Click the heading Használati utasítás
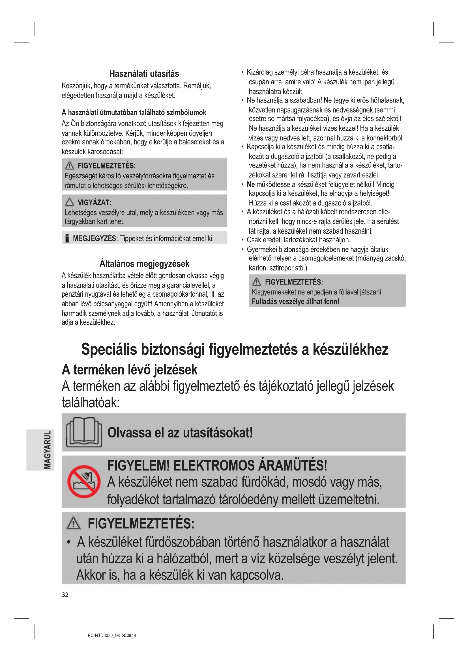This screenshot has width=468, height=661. tap(144, 74)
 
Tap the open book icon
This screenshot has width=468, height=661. tap(84, 432)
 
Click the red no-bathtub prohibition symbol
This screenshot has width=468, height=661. tap(84, 481)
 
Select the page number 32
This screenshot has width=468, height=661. tap(65, 595)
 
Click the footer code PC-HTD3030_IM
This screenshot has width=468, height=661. tap(104, 635)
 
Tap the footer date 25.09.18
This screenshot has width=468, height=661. tap(129, 635)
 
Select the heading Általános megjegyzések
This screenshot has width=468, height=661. tap(144, 263)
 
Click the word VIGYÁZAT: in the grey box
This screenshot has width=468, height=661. tap(95, 202)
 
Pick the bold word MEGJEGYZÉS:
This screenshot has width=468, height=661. tap(95, 239)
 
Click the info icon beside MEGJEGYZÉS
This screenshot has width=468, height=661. tap(67, 239)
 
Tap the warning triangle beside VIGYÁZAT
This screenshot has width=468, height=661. tap(69, 202)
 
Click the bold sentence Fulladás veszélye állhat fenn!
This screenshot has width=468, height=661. tap(295, 302)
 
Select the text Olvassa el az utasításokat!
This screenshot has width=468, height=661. tap(180, 432)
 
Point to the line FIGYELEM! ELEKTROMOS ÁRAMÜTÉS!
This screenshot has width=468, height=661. tap(217, 465)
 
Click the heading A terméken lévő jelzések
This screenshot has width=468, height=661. tap(130, 370)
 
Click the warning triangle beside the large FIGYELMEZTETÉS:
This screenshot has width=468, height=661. tap(74, 523)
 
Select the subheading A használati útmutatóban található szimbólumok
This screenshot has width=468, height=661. tap(134, 112)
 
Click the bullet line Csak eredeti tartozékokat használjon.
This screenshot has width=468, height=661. tap(298, 240)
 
